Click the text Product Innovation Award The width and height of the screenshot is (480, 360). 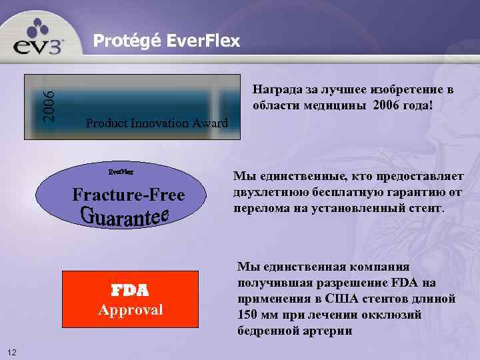[157, 123]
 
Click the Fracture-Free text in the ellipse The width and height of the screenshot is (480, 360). [128, 195]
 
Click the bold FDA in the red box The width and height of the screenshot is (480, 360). [129, 291]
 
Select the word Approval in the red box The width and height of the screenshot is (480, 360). [130, 310]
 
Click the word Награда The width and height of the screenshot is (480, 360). [275, 89]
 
